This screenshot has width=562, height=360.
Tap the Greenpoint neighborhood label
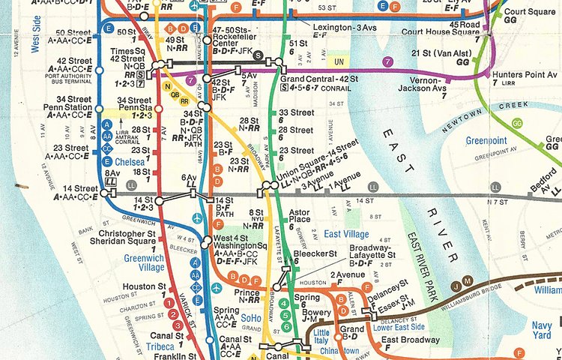click(x=486, y=140)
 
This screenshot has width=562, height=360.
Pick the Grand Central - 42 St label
click(x=314, y=79)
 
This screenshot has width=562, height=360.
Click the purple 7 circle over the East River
click(x=387, y=60)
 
